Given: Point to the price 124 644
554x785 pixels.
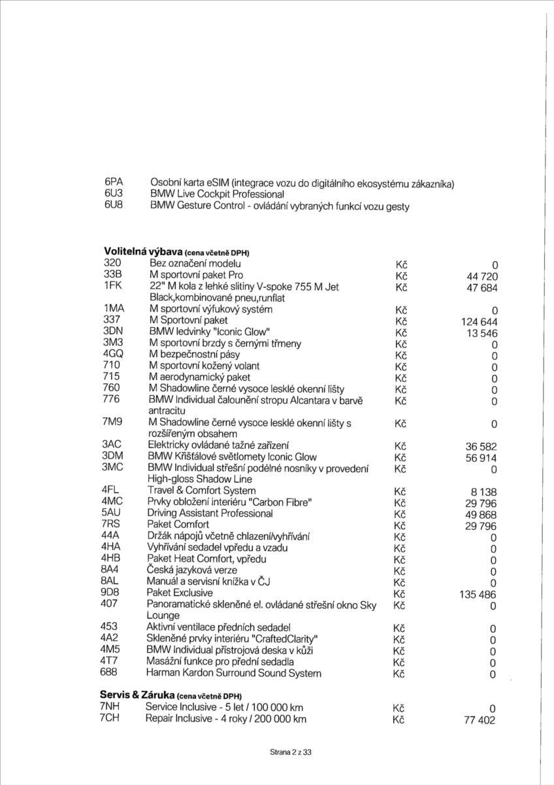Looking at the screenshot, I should coord(479,321).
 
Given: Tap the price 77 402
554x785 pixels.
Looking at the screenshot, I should coord(479,720).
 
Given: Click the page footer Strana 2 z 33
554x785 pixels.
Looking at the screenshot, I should coord(291,753).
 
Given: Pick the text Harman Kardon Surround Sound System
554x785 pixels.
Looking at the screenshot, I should coord(233,672).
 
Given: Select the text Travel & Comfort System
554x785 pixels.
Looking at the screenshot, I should coord(201,490).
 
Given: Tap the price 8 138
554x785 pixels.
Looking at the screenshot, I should coord(483,491).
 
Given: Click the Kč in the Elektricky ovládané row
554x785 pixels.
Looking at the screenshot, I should coord(402,446).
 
